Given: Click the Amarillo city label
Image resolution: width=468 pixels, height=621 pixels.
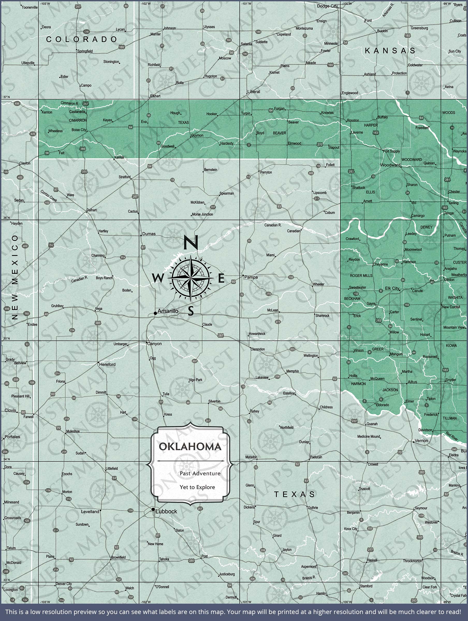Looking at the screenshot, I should click(168, 311).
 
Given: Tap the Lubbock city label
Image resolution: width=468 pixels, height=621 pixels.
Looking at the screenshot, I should click(166, 512).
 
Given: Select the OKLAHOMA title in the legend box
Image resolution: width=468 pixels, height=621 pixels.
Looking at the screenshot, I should click(190, 447).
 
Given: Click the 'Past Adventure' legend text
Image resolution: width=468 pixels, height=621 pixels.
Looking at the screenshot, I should click(200, 473).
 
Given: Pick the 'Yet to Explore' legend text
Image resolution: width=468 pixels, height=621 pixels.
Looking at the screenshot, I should click(197, 487).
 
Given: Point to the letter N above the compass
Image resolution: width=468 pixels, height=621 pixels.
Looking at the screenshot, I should click(191, 242).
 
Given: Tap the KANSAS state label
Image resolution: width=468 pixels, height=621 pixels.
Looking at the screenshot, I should click(390, 50).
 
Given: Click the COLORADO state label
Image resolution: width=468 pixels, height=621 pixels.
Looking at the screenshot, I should click(82, 39).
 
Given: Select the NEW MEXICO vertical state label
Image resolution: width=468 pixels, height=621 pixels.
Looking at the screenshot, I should click(15, 277).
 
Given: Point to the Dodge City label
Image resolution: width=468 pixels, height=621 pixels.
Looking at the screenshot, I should click(327, 6).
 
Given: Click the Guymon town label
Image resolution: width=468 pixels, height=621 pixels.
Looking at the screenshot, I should click(197, 135).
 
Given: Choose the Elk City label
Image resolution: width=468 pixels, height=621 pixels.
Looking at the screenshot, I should click(392, 288).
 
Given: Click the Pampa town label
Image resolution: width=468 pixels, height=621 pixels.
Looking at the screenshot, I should click(251, 277).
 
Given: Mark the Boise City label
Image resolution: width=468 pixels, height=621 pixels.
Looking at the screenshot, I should click(79, 130).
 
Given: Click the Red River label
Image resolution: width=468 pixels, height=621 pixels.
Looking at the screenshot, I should click(452, 436).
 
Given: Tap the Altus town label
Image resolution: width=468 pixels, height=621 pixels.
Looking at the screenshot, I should click(412, 382).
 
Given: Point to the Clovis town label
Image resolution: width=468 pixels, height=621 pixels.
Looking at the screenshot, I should click(10, 410).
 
